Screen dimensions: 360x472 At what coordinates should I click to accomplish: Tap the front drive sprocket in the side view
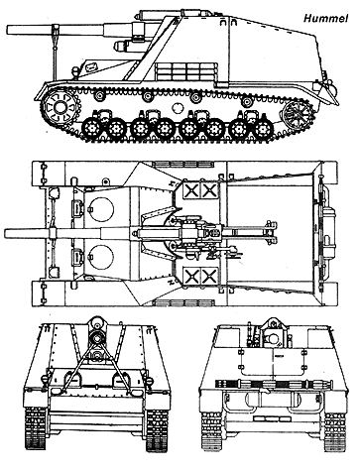tap(60, 107)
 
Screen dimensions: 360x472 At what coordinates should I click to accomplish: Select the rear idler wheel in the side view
tap(298, 114)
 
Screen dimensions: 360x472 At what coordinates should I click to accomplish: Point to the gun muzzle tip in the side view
tap(7, 30)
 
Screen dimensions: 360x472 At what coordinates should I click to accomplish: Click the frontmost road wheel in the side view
tap(92, 128)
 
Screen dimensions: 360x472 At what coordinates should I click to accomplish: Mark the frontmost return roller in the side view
tap(99, 96)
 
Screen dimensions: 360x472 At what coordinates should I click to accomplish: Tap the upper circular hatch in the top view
tap(101, 210)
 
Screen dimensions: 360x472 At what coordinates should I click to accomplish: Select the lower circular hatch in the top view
tap(101, 257)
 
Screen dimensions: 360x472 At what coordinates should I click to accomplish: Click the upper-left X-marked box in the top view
tap(191, 190)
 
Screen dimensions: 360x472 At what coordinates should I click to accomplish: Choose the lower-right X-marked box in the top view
tap(209, 276)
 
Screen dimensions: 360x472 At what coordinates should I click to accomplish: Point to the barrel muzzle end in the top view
tap(5, 233)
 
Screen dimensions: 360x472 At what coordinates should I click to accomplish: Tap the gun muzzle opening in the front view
tap(96, 338)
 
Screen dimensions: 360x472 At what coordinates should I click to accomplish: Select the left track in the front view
tap(35, 428)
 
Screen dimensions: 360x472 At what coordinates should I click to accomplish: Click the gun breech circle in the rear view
tap(273, 338)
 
